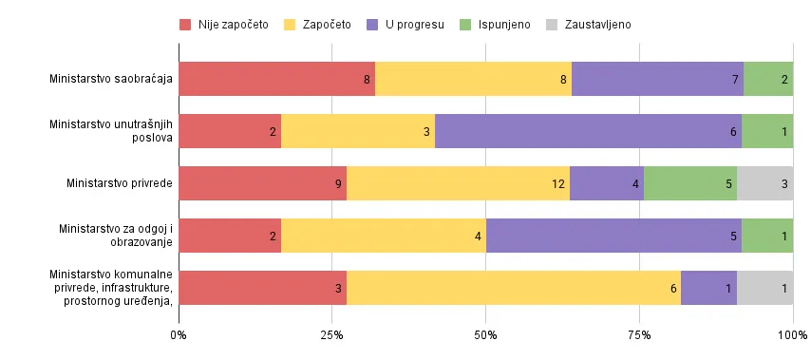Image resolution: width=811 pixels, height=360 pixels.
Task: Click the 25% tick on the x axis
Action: point(331,335)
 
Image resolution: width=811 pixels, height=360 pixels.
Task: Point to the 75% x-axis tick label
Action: point(639,335)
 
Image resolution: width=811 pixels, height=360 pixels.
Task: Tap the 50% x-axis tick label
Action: point(485,335)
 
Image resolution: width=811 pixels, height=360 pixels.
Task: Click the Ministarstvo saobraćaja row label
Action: point(111,79)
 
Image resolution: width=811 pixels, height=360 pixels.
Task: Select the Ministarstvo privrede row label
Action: point(119,182)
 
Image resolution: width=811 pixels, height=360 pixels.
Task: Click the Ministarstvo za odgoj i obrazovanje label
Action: point(115,235)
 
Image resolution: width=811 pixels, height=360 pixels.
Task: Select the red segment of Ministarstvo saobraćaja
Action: point(276,79)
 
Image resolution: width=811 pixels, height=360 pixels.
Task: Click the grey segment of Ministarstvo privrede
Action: point(764,182)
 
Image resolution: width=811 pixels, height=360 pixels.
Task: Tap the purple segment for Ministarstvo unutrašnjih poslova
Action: point(588,130)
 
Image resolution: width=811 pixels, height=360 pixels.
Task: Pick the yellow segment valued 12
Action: point(458,182)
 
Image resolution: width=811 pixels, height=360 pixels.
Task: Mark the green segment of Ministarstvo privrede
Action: point(690,182)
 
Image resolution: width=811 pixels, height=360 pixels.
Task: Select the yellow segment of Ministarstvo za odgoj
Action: point(384,235)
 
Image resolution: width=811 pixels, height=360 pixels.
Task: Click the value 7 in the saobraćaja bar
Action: point(736,79)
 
